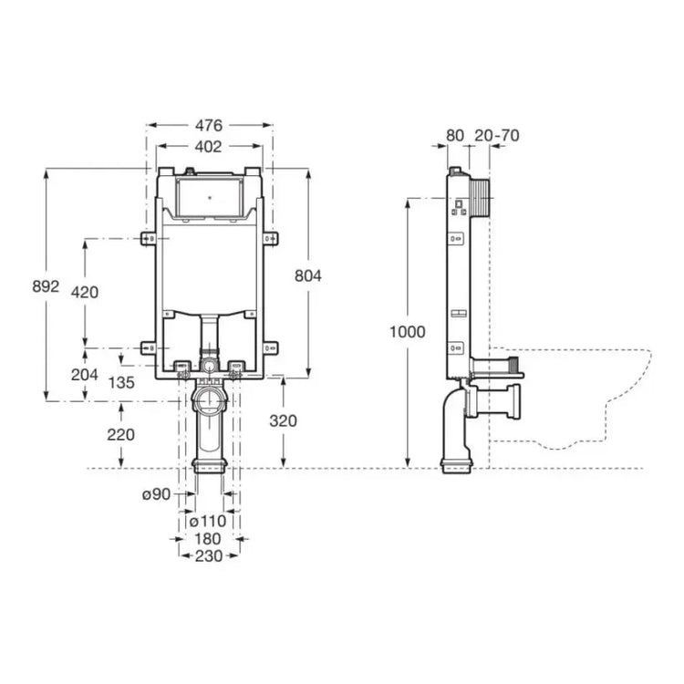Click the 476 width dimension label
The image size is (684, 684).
(209, 126)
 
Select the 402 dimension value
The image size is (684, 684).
(209, 147)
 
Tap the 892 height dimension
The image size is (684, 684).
(46, 286)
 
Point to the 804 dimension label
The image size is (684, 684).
(308, 275)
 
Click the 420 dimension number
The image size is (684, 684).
(85, 292)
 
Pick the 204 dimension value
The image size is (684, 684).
(85, 374)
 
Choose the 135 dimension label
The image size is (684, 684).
(121, 383)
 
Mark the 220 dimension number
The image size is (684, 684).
(120, 435)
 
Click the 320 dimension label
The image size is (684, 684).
(283, 421)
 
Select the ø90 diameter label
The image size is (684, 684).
(157, 494)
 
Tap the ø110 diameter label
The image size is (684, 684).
(208, 521)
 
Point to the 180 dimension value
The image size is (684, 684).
(208, 539)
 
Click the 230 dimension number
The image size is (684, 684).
(209, 556)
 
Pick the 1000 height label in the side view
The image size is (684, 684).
(407, 332)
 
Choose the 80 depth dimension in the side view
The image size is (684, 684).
(455, 136)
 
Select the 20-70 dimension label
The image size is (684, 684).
(497, 136)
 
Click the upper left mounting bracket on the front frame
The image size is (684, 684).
(149, 239)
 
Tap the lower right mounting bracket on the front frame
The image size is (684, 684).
(271, 347)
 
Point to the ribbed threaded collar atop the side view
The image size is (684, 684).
(481, 197)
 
